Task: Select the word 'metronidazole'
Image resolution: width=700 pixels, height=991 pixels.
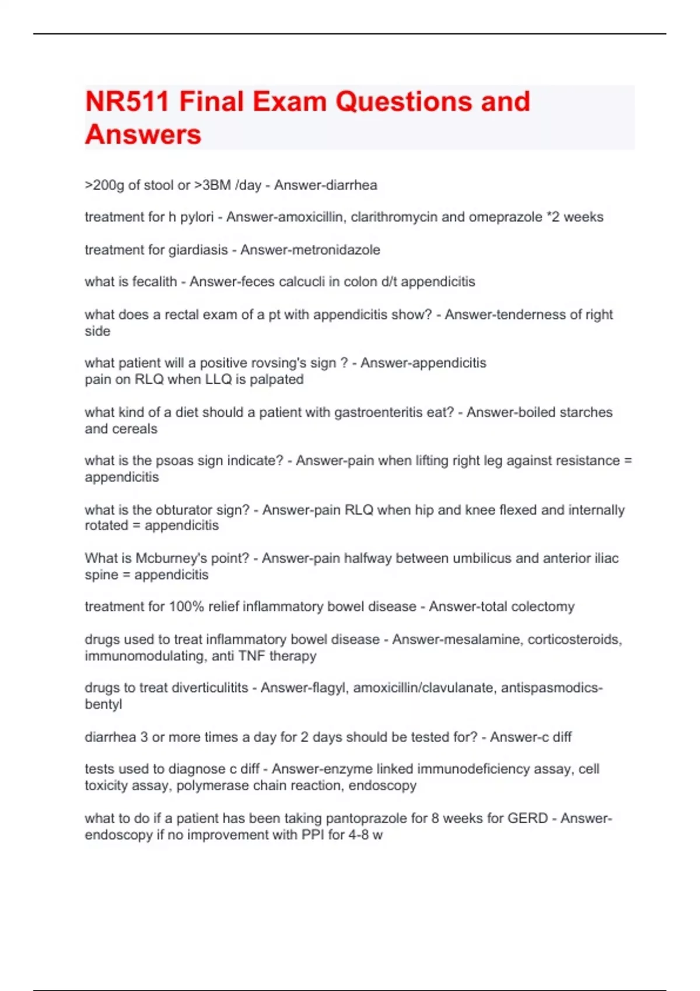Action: click(339, 250)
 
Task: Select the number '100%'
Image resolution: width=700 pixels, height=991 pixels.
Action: click(186, 607)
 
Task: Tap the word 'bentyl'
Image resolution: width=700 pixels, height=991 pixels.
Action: click(103, 704)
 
